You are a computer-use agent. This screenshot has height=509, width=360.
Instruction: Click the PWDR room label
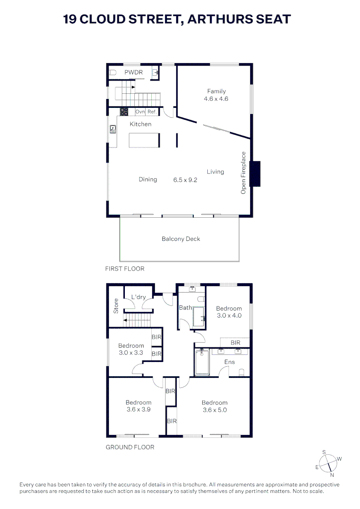tap(133, 73)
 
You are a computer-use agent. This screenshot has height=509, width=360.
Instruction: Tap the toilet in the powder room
tap(112, 73)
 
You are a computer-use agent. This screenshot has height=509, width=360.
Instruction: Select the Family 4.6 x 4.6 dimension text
tap(216, 99)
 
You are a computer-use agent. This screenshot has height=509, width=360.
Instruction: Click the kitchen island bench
tap(144, 140)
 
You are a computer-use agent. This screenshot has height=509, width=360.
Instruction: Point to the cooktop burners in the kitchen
tap(124, 112)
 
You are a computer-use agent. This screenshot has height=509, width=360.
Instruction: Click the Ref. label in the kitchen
tap(152, 112)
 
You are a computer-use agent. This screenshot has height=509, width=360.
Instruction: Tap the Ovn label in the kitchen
tap(140, 112)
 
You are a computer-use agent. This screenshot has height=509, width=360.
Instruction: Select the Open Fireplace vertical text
tap(244, 172)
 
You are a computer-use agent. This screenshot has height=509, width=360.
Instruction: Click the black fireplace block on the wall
tap(255, 173)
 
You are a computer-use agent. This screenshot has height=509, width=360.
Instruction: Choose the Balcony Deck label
tap(181, 239)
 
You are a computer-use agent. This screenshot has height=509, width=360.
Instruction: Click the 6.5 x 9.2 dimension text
tap(185, 180)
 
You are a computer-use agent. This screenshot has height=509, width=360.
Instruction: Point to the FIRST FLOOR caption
tap(124, 269)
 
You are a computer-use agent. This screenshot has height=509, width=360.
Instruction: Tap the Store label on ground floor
tap(116, 306)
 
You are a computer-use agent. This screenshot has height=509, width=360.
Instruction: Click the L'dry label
tap(139, 297)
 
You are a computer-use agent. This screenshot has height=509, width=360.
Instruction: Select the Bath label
tap(185, 308)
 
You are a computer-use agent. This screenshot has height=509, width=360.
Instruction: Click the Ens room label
tap(229, 362)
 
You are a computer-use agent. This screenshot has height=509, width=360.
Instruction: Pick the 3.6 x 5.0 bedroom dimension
tap(214, 410)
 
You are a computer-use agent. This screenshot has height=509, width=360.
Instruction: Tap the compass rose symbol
tap(328, 462)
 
